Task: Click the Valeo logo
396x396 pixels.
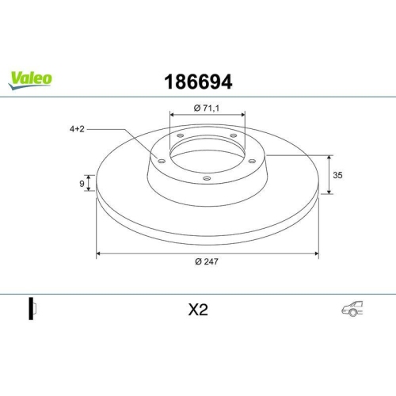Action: [31, 78]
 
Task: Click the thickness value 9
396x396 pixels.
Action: [82, 184]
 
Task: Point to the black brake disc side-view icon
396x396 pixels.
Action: [32, 310]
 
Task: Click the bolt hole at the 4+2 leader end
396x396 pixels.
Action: [162, 162]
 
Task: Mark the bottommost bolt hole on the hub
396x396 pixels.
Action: [208, 179]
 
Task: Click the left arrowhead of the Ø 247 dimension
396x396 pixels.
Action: [99, 254]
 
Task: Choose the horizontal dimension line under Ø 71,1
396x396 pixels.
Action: [208, 113]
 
